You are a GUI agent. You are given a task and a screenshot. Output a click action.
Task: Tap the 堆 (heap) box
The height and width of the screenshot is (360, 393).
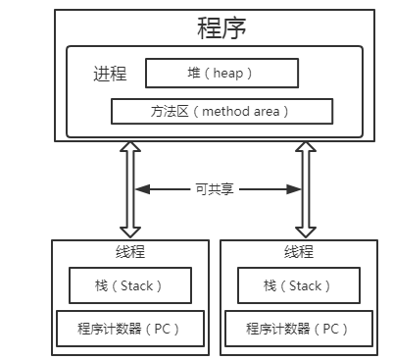tap(221, 73)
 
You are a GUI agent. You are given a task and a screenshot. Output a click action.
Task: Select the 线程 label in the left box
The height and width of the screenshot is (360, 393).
tap(131, 252)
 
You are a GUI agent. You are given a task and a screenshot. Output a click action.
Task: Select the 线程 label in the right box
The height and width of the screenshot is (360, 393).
tap(299, 252)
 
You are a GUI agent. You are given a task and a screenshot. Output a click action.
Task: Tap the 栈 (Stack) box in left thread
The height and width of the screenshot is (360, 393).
tap(130, 286)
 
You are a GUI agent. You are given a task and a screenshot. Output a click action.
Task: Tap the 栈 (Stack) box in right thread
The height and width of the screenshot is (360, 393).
tap(299, 286)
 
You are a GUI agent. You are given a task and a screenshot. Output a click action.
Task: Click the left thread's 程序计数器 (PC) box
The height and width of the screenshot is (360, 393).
tap(130, 326)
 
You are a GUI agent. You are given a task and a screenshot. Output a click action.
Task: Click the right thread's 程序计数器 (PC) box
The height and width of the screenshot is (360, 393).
tap(299, 326)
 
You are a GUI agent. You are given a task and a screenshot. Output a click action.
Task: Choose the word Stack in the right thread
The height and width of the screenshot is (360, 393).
tap(307, 286)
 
